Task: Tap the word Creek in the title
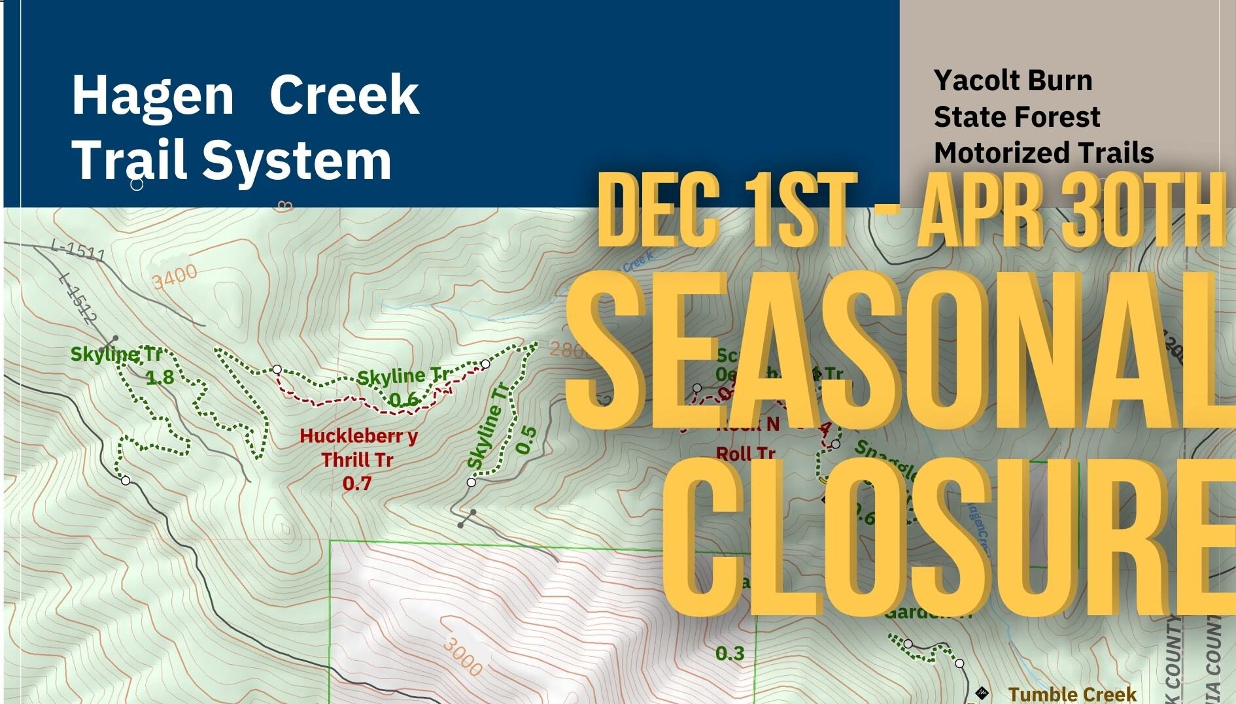pos(344,95)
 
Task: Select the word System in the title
pos(297,160)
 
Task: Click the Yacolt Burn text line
pos(1013,80)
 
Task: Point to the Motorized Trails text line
pos(1044,152)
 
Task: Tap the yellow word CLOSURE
pos(948,536)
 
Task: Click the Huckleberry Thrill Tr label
pos(358,448)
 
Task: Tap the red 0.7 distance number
pos(357,484)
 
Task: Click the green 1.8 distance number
pos(160,377)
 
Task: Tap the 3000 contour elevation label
pos(462,655)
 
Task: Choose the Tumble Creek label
pos(1073,694)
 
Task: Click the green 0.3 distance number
pos(730,654)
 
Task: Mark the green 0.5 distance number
pos(526,440)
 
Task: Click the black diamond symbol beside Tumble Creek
pos(982,693)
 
